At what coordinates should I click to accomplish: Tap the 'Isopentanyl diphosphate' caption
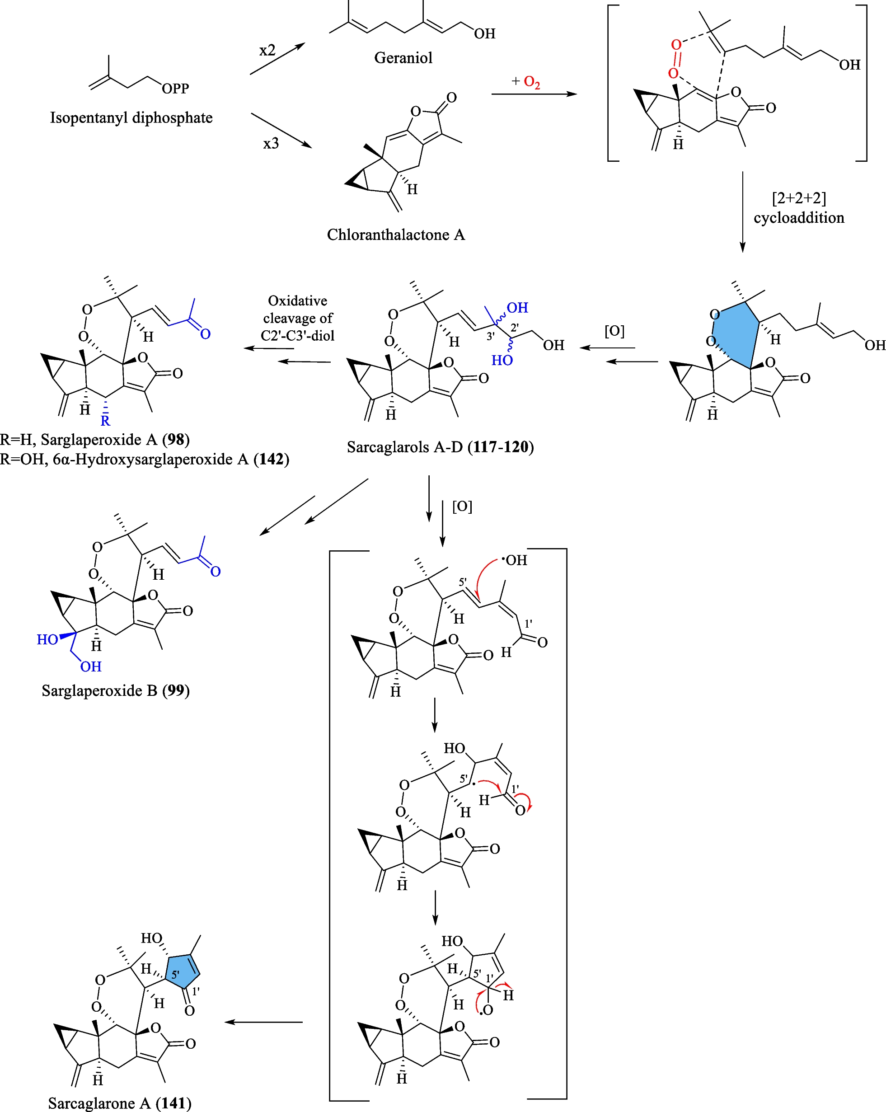pos(131,117)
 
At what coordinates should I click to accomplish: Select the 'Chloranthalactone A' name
pos(395,235)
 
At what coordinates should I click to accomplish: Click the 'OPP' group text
pos(175,89)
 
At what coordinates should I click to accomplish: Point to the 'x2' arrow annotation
pos(267,51)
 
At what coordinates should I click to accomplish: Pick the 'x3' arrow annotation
pos(271,143)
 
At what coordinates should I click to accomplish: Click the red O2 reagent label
pos(532,82)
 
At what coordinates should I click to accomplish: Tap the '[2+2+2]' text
pos(798,198)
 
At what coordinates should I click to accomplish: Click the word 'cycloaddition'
pos(798,218)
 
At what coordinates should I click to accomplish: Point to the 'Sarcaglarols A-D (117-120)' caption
pos(440,447)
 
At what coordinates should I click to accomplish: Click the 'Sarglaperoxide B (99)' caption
pos(116,690)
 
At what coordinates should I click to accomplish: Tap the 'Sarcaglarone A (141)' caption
pos(120,1103)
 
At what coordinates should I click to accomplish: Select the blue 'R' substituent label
pos(105,421)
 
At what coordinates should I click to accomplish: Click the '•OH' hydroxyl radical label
pos(514,560)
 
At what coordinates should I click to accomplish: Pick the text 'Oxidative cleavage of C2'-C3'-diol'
pos(298,318)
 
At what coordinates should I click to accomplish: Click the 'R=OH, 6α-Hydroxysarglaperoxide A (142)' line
pos(145,459)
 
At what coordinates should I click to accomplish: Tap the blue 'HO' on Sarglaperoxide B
pos(47,639)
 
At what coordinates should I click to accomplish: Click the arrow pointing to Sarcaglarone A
pos(263,1022)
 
